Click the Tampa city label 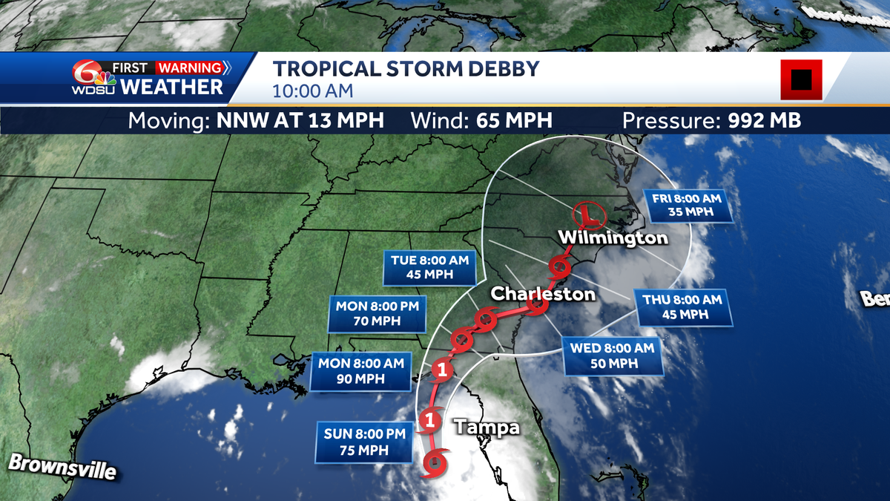(486, 428)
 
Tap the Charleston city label (544, 294)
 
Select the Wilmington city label (613, 238)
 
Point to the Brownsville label (62, 466)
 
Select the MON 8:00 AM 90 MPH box (360, 371)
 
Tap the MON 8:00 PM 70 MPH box (378, 313)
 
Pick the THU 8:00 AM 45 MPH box (682, 307)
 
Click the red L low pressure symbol (591, 215)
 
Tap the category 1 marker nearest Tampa (429, 421)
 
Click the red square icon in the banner (801, 79)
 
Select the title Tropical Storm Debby (406, 70)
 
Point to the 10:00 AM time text (312, 91)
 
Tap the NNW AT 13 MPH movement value (300, 120)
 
